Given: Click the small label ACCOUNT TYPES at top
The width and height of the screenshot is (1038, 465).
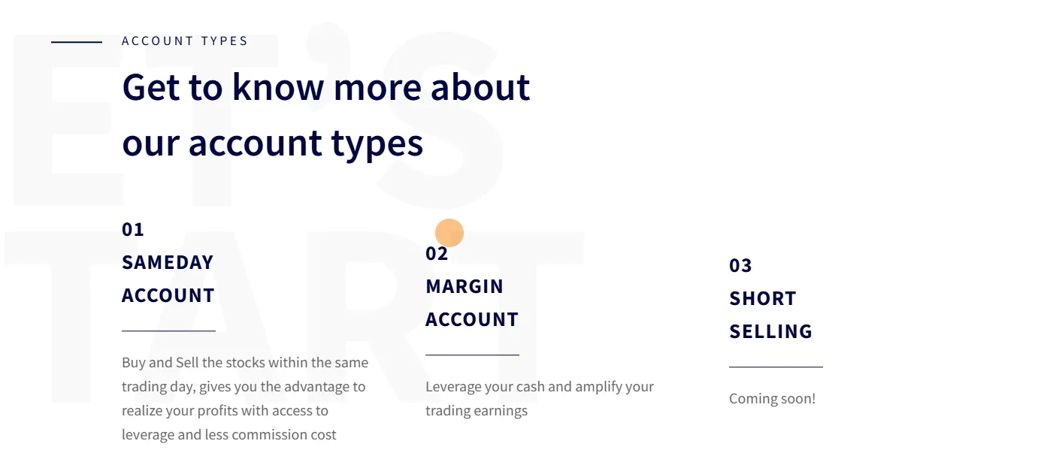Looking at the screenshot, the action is pyautogui.click(x=184, y=41).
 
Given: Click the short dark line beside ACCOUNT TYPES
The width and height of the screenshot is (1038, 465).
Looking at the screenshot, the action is pyautogui.click(x=77, y=42).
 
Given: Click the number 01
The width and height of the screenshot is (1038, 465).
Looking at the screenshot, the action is pyautogui.click(x=133, y=230).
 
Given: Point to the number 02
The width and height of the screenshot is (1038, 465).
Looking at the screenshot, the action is pyautogui.click(x=437, y=254).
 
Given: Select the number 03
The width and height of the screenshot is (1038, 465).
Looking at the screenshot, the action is pyautogui.click(x=740, y=266).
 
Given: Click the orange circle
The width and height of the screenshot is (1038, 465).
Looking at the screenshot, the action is pyautogui.click(x=449, y=233).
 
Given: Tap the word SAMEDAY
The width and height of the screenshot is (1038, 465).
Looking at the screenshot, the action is pyautogui.click(x=168, y=263).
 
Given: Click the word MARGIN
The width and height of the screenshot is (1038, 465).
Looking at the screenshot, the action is pyautogui.click(x=465, y=287).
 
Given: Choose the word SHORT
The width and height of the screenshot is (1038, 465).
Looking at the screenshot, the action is pyautogui.click(x=763, y=299).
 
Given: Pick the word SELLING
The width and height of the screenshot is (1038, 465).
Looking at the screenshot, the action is pyautogui.click(x=770, y=331).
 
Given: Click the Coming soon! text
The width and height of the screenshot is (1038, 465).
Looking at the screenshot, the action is pyautogui.click(x=772, y=399).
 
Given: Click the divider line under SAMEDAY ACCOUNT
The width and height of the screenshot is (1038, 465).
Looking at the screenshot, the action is pyautogui.click(x=168, y=331).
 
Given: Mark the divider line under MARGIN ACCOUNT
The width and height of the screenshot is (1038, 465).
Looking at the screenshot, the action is pyautogui.click(x=472, y=355).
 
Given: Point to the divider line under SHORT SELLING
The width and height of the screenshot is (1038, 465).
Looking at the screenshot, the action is pyautogui.click(x=776, y=367).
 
